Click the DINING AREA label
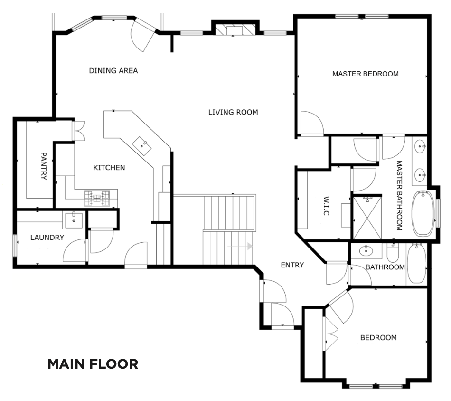pos(113,70)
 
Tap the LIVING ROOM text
pos(233,112)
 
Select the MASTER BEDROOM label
pos(365,74)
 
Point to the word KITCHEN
pos(109,168)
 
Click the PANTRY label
pos(43,166)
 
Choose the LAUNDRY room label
pos(47,238)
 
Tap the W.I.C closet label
pos(326,206)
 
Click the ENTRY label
pos(292,265)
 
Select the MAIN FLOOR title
pos(93,364)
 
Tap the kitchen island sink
pos(142,146)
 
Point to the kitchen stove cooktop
pos(97,198)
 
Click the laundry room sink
pos(74,220)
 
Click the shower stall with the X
pos(367,218)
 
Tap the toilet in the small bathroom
pos(393,252)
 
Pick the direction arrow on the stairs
pos(240,247)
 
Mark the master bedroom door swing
pos(312,123)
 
